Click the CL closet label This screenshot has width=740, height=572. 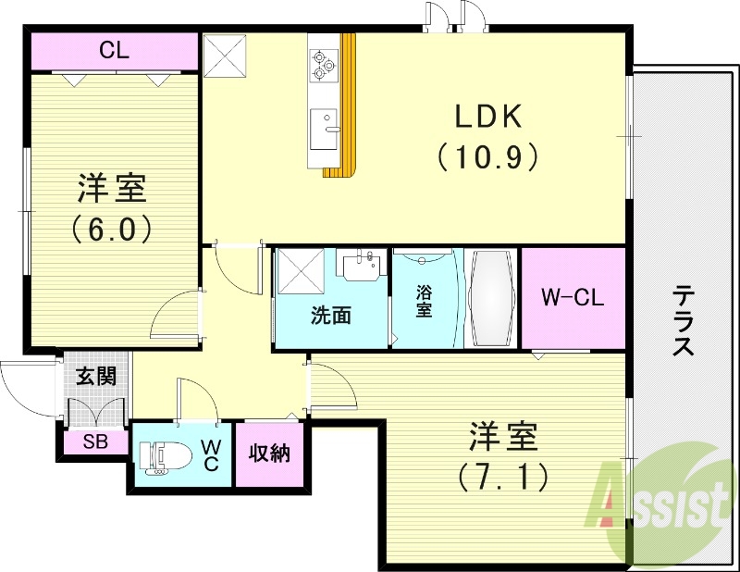[115, 50]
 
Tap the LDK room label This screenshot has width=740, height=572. [488, 117]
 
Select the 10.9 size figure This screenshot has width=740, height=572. [488, 157]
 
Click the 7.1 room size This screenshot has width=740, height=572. [503, 476]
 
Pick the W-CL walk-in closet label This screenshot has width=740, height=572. [572, 298]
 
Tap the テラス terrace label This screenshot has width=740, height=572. [684, 320]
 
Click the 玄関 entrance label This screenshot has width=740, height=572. [95, 377]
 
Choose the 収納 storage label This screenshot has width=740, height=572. [269, 454]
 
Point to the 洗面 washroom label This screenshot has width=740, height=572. [329, 315]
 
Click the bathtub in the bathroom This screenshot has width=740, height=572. [491, 296]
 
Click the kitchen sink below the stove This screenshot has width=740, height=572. [324, 128]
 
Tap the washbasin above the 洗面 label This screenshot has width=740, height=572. [362, 266]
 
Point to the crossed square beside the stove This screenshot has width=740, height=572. [225, 56]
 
